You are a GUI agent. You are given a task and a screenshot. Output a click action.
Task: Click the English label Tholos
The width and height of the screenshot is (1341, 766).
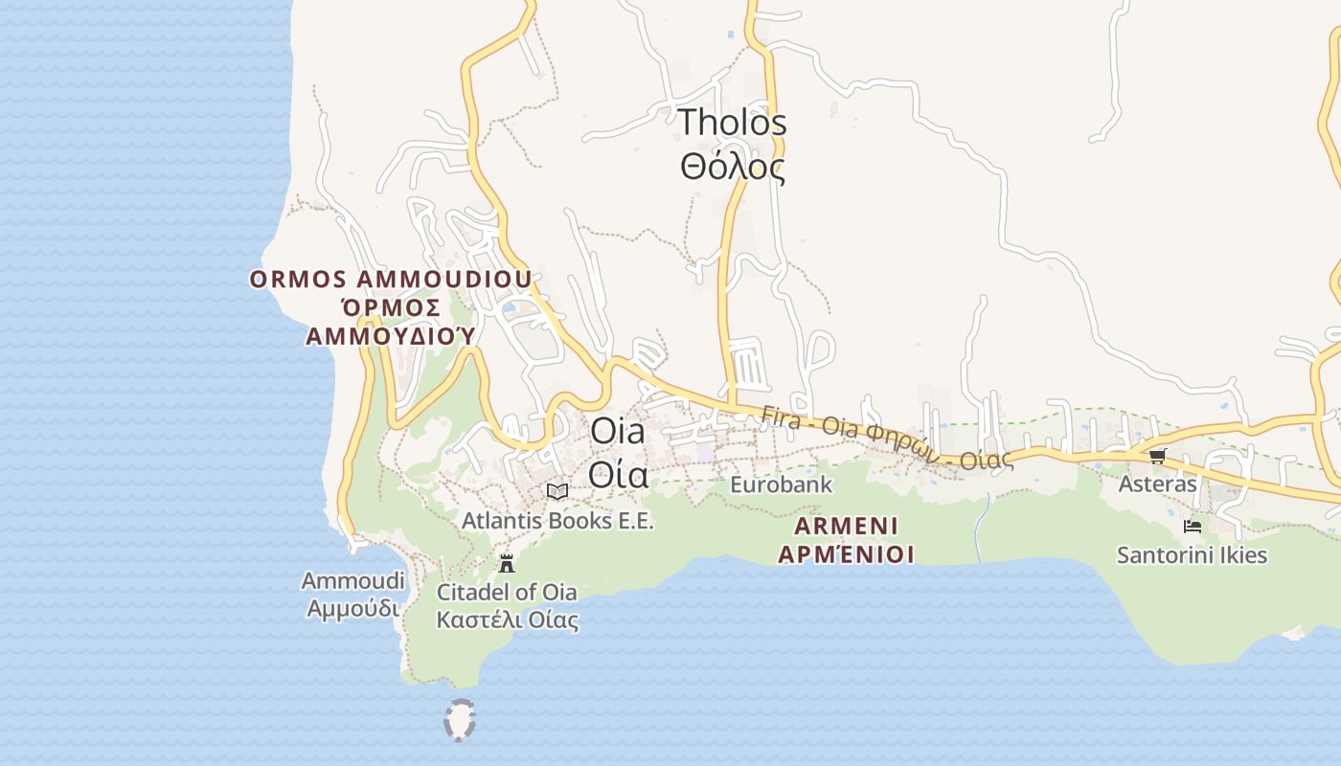pyautogui.click(x=733, y=123)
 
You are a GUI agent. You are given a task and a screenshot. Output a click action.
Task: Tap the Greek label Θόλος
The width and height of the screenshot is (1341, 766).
pyautogui.click(x=733, y=168)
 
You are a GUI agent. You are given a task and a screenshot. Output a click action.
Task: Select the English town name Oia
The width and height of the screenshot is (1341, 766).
pyautogui.click(x=618, y=431)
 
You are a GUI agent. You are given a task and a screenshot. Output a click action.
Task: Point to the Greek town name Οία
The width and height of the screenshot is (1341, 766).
pyautogui.click(x=618, y=475)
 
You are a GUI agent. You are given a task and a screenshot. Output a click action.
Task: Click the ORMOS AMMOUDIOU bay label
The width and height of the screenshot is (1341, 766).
pyautogui.click(x=391, y=280)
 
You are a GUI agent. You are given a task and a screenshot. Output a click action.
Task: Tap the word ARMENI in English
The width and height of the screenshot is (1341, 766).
pyautogui.click(x=846, y=526)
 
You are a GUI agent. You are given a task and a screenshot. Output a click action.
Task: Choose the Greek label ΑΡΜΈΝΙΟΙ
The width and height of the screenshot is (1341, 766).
pyautogui.click(x=846, y=554)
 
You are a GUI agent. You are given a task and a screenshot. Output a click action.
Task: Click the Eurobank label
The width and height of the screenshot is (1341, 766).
pyautogui.click(x=781, y=484)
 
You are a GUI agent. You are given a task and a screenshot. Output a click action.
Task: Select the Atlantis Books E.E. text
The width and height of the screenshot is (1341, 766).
pyautogui.click(x=557, y=521)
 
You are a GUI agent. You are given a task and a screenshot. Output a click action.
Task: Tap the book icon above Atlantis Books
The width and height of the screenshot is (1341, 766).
pyautogui.click(x=557, y=491)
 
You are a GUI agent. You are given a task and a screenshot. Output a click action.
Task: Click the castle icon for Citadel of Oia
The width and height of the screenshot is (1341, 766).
pyautogui.click(x=507, y=563)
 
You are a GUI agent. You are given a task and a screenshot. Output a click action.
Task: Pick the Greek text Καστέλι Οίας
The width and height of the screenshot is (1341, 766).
pyautogui.click(x=507, y=620)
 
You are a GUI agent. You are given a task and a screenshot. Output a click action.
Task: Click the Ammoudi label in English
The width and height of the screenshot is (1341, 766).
pyautogui.click(x=352, y=580)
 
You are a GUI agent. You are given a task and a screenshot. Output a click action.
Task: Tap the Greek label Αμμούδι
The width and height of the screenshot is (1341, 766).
pyautogui.click(x=352, y=608)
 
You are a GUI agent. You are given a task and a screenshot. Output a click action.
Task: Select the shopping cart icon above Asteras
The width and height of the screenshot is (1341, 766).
pyautogui.click(x=1157, y=456)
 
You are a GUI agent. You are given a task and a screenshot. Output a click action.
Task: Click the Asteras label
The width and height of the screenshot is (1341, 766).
pyautogui.click(x=1157, y=484)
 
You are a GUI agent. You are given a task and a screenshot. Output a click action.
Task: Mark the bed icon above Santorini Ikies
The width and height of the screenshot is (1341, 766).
pyautogui.click(x=1193, y=527)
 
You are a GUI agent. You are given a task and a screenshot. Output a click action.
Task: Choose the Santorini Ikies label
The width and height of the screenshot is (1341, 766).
pyautogui.click(x=1192, y=555)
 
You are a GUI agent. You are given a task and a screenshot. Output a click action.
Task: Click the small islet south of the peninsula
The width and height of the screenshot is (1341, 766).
pyautogui.click(x=461, y=720)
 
